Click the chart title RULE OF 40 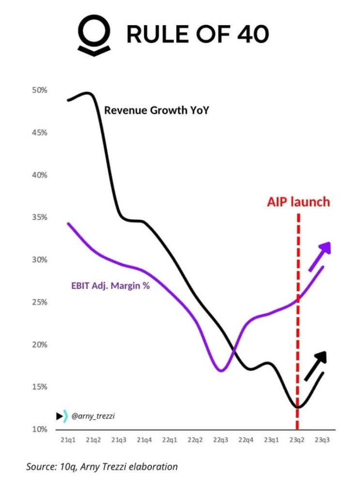tap(197, 34)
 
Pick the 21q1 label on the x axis tap(67, 440)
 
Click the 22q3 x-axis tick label tap(221, 440)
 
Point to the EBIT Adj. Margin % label tap(107, 285)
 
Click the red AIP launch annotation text tap(298, 202)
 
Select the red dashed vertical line tap(297, 339)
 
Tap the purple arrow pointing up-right tap(321, 255)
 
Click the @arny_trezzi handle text tap(90, 416)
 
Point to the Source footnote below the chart tap(102, 467)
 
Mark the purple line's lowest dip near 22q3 tap(221, 371)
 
